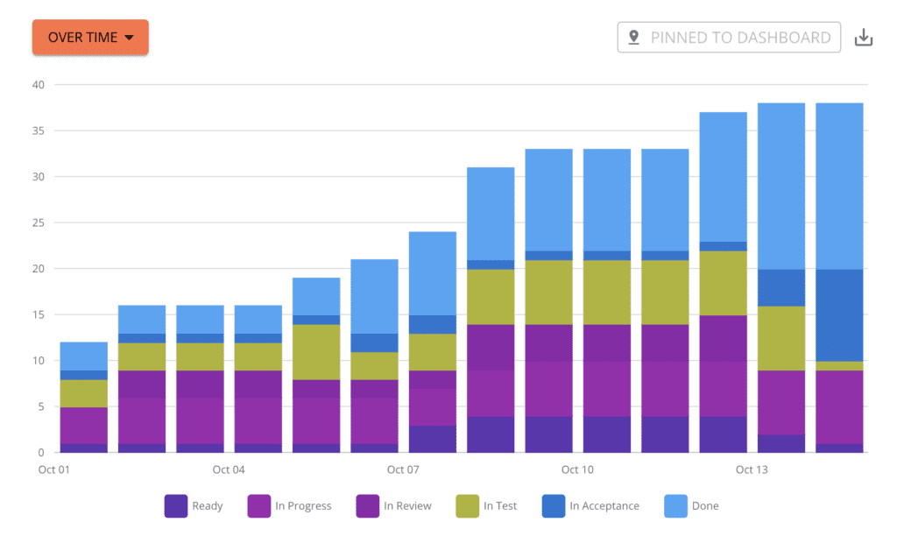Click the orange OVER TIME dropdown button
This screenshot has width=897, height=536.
coord(90,38)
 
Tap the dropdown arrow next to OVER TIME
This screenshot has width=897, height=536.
coord(129,38)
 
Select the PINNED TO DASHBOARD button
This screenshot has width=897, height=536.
coord(729,38)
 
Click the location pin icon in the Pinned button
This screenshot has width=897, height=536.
coord(634,38)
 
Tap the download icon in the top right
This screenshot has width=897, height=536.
coord(864,38)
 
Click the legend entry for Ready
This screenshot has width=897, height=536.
coord(194,505)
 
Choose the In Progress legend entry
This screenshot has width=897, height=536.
coord(290,505)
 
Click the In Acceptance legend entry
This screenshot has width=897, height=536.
coord(591,505)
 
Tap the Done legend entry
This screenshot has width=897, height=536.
coord(693,505)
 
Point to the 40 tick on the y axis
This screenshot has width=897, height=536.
coord(38,85)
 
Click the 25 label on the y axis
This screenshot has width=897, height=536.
coord(38,222)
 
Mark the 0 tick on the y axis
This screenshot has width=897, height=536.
coord(40,453)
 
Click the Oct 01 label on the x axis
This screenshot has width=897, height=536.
coord(53,470)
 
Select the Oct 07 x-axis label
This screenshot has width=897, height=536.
coord(403,470)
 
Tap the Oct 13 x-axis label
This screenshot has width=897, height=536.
coord(752,470)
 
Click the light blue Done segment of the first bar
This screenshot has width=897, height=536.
coord(83,356)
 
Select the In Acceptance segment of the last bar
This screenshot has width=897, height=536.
coord(839,314)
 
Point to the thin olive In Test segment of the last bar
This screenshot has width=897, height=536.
coord(839,366)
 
